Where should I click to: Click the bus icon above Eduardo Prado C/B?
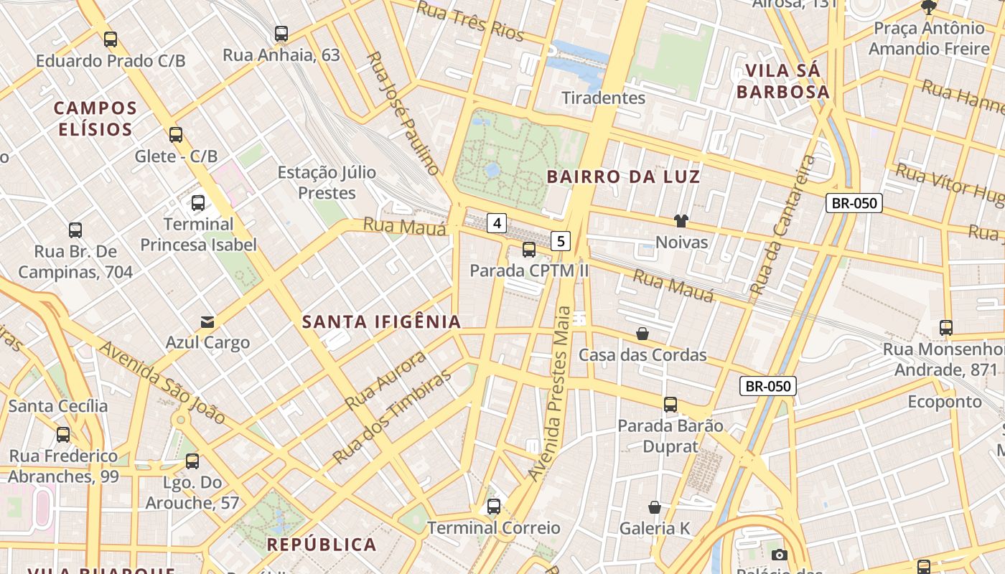pos(111,39)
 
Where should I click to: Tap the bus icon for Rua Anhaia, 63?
pos(281,34)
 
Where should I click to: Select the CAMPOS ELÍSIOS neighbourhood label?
pos(95,119)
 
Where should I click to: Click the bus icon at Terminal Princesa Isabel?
pos(198,203)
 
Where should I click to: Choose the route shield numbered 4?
pos(497,223)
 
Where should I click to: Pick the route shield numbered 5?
pos(561,241)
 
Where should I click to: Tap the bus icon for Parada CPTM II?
pos(529,250)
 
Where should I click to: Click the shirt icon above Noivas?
pos(681,221)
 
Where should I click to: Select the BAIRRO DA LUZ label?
pos(623,177)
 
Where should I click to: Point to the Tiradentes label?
pos(603,98)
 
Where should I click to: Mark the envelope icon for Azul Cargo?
pos(207,321)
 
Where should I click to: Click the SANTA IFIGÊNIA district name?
pos(381,322)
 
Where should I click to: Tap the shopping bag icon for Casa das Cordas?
pos(642,334)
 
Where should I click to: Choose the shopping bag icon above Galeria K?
pos(655,507)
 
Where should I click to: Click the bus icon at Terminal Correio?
pos(494,507)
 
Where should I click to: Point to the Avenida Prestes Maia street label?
pos(551,393)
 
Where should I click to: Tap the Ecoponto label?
pos(944,401)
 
